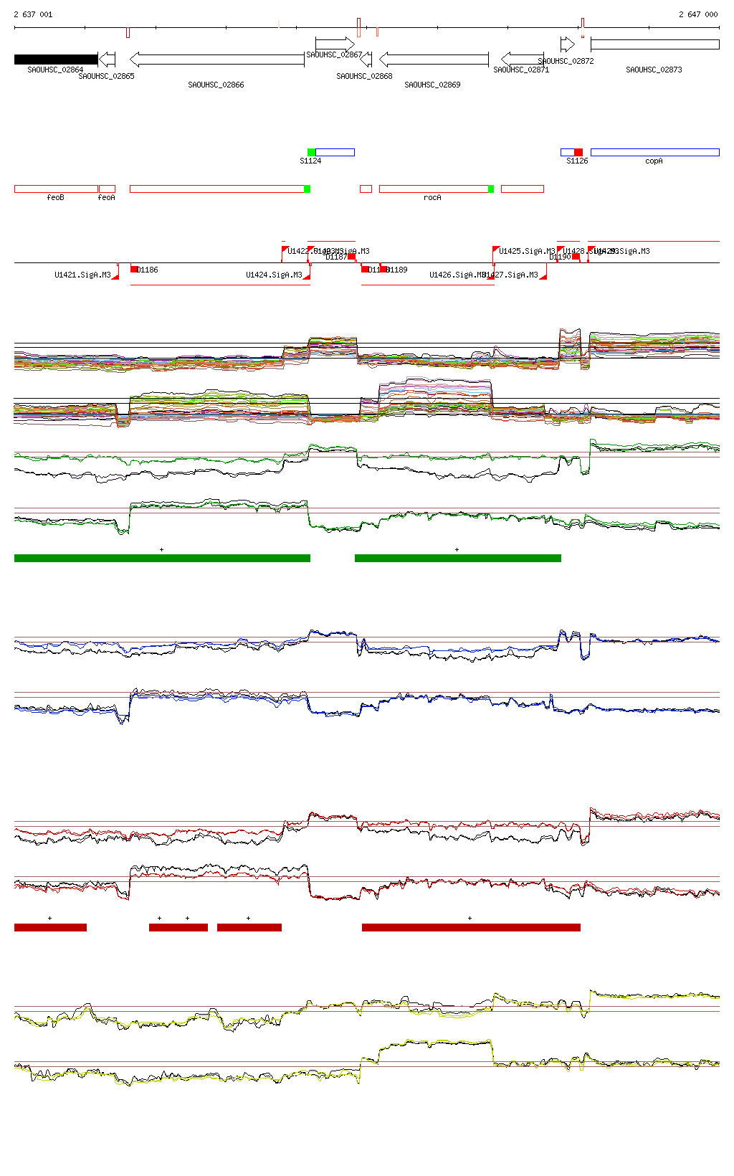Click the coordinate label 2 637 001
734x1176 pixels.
(33, 14)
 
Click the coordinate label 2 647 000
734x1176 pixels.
(698, 14)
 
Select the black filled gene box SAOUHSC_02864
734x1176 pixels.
(56, 60)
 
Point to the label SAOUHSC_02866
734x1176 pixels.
(216, 85)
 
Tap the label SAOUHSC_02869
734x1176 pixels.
(432, 85)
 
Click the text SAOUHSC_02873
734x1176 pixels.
(654, 70)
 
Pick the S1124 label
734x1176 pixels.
(310, 161)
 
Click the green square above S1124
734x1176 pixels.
(311, 152)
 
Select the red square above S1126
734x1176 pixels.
(578, 152)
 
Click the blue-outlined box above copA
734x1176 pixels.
(654, 152)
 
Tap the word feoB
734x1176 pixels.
(55, 197)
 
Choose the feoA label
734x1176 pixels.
(106, 197)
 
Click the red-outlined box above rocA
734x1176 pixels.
(434, 189)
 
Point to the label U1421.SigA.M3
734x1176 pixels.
(82, 275)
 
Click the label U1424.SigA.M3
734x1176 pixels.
(274, 275)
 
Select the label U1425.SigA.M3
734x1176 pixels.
(527, 251)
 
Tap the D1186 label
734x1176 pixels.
(148, 270)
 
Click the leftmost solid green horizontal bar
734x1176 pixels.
(162, 558)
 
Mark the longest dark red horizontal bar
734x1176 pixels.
(471, 927)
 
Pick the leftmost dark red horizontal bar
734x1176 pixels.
(50, 927)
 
